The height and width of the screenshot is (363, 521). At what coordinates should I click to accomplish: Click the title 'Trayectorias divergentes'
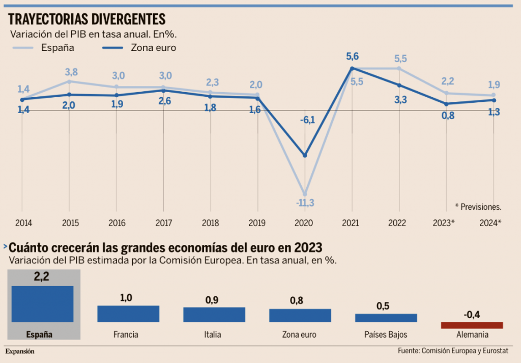(87, 19)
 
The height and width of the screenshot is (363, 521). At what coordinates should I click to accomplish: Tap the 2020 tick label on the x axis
(304, 222)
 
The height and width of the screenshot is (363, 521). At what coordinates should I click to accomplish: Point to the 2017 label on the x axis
(163, 222)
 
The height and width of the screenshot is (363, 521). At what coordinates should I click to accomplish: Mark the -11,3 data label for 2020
(305, 203)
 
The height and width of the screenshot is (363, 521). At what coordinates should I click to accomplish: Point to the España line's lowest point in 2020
(305, 194)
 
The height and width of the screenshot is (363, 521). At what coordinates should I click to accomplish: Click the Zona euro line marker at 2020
(305, 155)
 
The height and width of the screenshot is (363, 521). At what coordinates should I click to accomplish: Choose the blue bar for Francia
(128, 314)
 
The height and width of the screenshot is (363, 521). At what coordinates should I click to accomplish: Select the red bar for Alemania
(472, 325)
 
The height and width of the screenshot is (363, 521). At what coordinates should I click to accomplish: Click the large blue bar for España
(42, 304)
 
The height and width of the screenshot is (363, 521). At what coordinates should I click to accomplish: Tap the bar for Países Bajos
(386, 318)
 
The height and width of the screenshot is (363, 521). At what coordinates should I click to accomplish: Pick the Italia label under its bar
(214, 334)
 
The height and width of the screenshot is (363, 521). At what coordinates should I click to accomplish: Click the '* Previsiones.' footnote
(478, 207)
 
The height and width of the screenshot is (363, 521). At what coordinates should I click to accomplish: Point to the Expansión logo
(20, 351)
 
